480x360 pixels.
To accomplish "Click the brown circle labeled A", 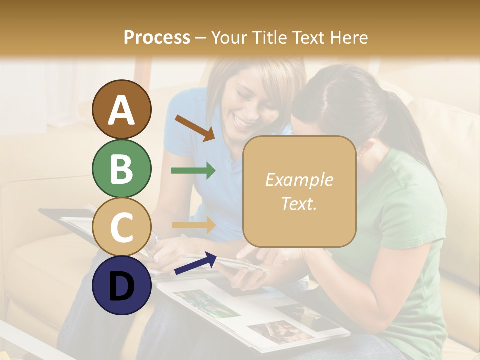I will point(121,109).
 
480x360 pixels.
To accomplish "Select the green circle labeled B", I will point(121,168).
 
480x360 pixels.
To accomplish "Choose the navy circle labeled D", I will point(121,285).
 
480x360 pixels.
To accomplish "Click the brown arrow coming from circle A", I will point(194,127).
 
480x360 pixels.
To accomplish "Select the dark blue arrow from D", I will point(195,263).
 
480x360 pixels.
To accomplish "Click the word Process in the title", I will point(157,37).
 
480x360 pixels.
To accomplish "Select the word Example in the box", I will point(299,180).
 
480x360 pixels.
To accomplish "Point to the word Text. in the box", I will point(299,203).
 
